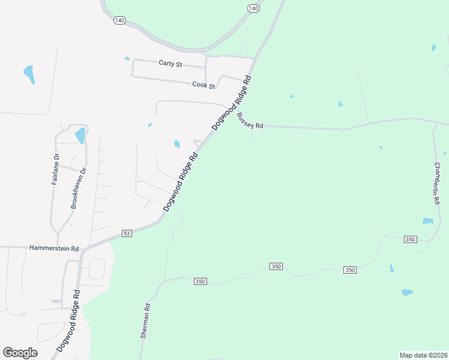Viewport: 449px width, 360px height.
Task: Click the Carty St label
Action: point(170,63)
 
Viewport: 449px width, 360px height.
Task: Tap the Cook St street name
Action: point(203,85)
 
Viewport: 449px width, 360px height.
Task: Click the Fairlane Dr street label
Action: point(55,169)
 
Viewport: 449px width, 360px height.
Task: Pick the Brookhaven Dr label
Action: point(79,187)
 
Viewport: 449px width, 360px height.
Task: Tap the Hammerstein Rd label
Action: point(54,248)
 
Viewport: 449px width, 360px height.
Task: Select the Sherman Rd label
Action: point(145,321)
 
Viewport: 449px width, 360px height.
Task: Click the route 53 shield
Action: point(126,233)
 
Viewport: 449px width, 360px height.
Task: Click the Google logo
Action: point(20,352)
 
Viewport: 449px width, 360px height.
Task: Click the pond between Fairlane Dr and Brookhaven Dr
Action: point(80,136)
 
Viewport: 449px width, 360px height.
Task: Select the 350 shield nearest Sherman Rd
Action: point(200,281)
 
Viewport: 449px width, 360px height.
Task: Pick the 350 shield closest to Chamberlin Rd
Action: point(410,239)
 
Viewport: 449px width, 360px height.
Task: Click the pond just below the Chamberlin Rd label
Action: point(428,221)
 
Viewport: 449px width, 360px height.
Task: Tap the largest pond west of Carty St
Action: point(29,74)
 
